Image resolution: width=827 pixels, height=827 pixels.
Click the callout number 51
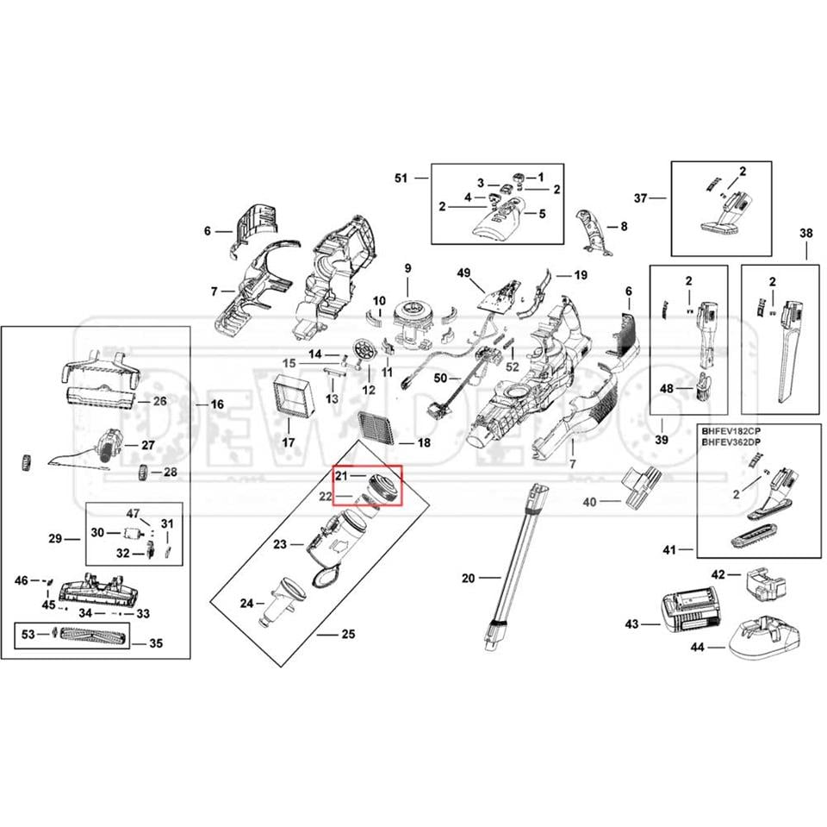pos(400,178)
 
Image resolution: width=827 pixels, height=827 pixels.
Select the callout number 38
pos(805,233)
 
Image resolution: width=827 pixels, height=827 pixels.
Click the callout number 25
pos(348,635)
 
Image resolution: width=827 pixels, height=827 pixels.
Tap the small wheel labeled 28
pos(145,473)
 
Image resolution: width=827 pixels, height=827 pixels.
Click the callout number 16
pos(216,404)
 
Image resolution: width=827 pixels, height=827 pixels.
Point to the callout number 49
pos(464,273)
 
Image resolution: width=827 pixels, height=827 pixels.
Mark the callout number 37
pos(640,198)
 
